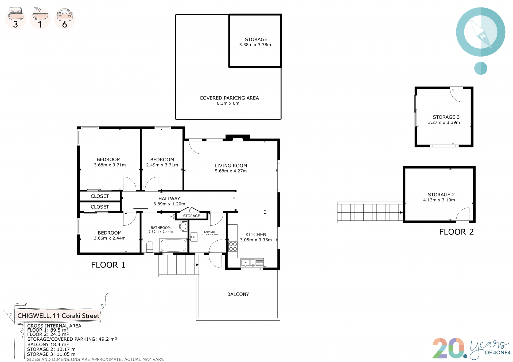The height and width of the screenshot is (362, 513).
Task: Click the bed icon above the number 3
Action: (16, 13)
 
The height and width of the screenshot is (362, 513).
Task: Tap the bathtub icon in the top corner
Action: (40, 13)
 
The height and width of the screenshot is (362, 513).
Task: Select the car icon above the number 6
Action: (65, 14)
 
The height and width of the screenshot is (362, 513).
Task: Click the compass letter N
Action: (482, 36)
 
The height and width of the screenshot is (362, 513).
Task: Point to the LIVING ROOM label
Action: (231, 166)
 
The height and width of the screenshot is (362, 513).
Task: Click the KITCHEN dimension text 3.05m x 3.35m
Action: (256, 240)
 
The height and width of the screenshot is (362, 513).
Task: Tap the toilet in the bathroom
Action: (150, 247)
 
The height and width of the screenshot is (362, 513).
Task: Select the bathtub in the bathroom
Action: (173, 245)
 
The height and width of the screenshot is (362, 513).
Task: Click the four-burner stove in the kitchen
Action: (233, 246)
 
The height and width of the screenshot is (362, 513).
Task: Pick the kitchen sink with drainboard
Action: (252, 263)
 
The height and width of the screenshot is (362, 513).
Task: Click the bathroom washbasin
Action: (183, 226)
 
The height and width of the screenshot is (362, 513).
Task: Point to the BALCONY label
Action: (238, 294)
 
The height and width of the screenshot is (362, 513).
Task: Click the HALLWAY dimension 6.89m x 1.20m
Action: (169, 204)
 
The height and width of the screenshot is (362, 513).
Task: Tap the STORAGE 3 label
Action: (446, 117)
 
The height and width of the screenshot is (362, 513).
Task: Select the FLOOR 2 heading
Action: (456, 232)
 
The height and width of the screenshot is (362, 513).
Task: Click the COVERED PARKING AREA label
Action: (229, 98)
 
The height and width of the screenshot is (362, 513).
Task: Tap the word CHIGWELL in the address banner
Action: (34, 316)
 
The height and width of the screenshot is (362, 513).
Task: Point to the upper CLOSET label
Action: (100, 196)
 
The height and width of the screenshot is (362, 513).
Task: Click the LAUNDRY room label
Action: (210, 232)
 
